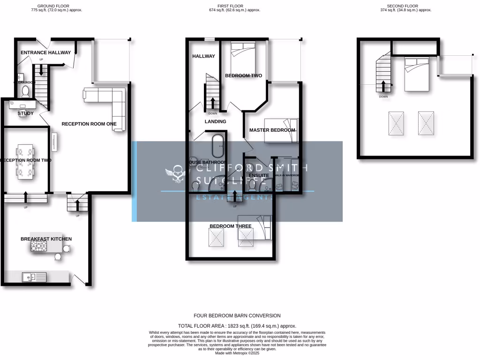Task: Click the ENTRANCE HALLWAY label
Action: click(45, 52)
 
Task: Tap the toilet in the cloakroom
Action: click(25, 90)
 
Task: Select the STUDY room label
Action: click(25, 113)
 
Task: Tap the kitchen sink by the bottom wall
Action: click(34, 277)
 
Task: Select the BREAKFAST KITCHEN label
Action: click(46, 239)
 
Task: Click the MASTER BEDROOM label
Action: click(272, 130)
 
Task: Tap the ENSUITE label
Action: click(259, 176)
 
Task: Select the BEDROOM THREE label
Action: click(230, 226)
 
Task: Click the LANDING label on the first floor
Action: click(215, 121)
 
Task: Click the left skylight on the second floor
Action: click(397, 123)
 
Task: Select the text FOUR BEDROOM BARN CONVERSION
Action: click(237, 315)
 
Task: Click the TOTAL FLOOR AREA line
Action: click(237, 325)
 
